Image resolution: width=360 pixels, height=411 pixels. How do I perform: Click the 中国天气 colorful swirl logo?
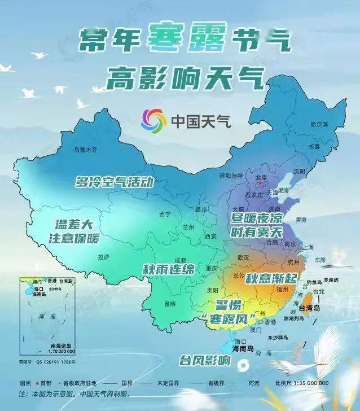153,120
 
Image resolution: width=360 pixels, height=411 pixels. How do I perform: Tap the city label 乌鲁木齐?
86,150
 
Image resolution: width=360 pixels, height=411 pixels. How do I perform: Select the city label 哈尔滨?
319,124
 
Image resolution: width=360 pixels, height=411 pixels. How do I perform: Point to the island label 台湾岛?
309,308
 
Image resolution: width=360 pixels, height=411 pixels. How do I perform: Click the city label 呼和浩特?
230,176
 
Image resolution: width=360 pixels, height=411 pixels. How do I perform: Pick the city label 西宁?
165,215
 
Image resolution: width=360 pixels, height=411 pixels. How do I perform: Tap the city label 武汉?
243,257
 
